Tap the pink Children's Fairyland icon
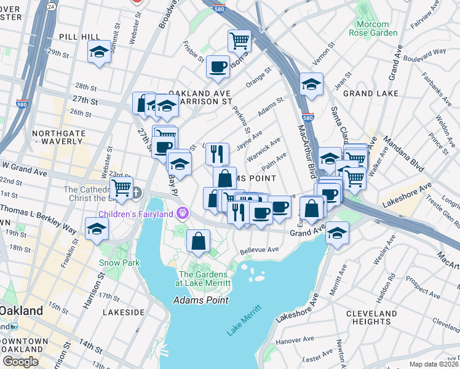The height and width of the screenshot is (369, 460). (x=182, y=213)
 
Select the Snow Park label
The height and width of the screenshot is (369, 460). (x=115, y=263)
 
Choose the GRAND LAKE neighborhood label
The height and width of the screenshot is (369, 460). (x=368, y=93)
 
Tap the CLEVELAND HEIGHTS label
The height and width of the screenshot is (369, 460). (x=371, y=317)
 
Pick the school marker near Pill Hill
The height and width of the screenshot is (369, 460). (x=98, y=52)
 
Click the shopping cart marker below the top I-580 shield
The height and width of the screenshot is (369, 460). (x=239, y=41)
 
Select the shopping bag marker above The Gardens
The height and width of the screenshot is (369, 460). (x=198, y=242)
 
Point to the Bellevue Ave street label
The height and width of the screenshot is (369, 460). (x=260, y=250)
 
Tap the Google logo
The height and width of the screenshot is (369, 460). (x=20, y=362)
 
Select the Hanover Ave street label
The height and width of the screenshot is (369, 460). (x=295, y=339)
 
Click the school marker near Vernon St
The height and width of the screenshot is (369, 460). (x=312, y=84)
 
